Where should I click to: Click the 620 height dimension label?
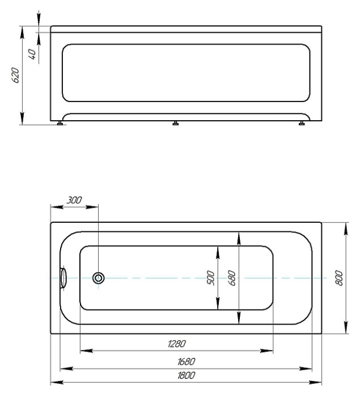click(x=15, y=75)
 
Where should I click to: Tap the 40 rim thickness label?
click(x=32, y=54)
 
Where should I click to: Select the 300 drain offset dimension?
click(x=74, y=200)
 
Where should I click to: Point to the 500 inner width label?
click(x=211, y=278)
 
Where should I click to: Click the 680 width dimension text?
click(x=232, y=278)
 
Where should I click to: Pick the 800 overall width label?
click(x=339, y=278)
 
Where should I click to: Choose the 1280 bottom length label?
click(x=177, y=344)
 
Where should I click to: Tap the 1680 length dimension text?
click(x=186, y=362)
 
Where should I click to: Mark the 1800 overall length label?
click(x=186, y=375)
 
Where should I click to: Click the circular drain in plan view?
click(x=98, y=278)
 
